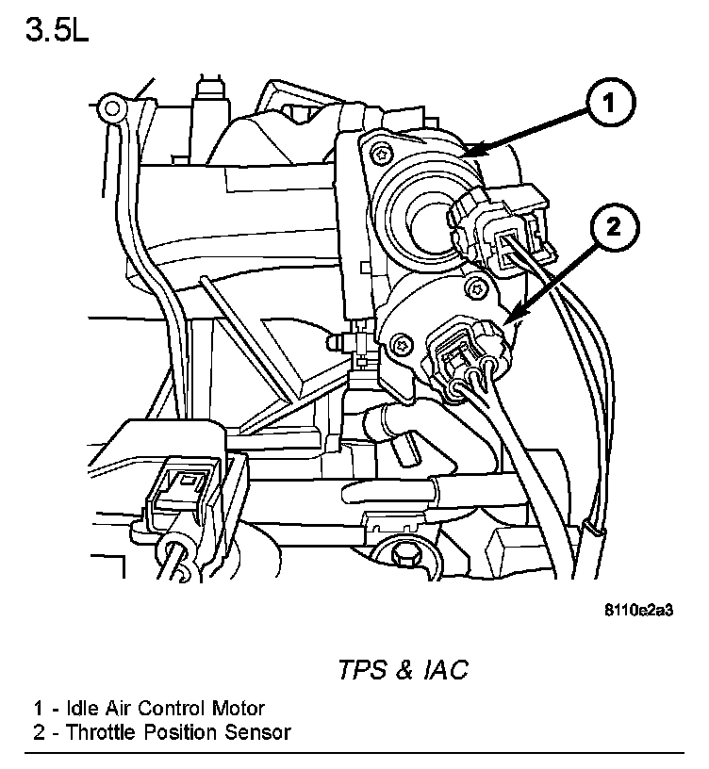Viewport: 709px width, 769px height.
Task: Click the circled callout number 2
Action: click(x=607, y=226)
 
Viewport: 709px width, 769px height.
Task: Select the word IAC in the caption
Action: click(x=443, y=670)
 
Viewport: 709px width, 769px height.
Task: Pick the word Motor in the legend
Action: click(x=240, y=708)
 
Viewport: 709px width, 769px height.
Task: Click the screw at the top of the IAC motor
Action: click(x=380, y=154)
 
